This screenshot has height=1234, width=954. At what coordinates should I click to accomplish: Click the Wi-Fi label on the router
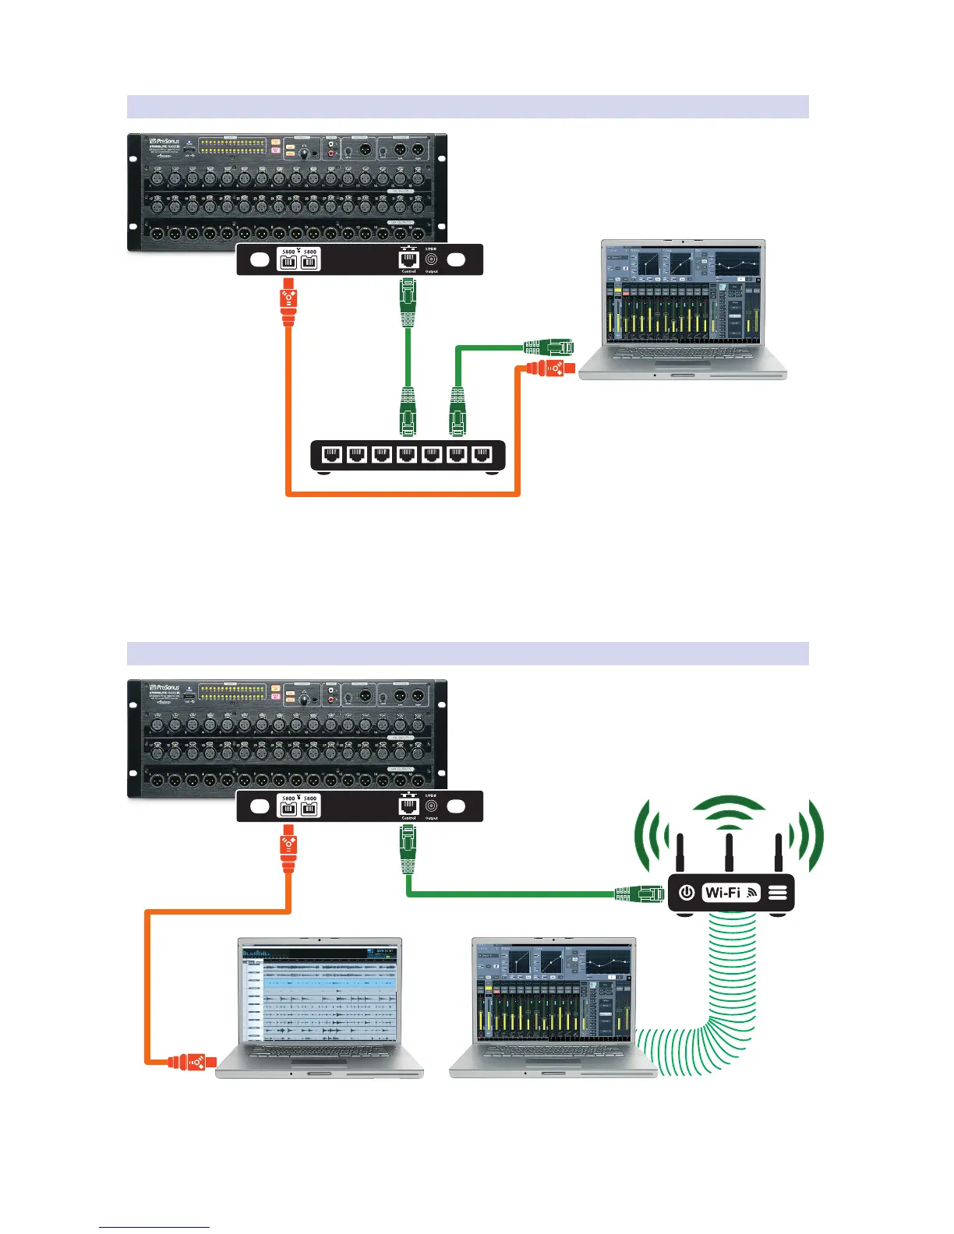coord(723,892)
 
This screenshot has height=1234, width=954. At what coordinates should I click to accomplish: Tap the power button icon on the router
coord(687,892)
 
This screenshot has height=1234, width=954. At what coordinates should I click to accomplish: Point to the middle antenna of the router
coord(728,854)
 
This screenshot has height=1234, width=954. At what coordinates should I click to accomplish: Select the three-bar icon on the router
coord(777,893)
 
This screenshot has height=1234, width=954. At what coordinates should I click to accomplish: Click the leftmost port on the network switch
coord(332,455)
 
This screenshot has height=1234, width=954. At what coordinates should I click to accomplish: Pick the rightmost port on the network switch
coord(482,455)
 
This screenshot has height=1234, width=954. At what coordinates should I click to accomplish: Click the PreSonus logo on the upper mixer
coord(164,142)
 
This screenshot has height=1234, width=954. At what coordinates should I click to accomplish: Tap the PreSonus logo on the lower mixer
coord(164,688)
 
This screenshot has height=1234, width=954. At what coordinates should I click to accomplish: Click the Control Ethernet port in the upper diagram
coord(408,259)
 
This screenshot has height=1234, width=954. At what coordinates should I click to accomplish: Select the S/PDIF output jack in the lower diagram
coord(431,806)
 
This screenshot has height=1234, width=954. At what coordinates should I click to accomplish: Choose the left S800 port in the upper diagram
coord(288,262)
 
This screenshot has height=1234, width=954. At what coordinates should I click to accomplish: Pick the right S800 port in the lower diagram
coord(309,808)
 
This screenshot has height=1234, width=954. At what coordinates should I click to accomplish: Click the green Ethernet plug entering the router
coord(639,894)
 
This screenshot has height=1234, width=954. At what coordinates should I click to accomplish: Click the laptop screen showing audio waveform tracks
coord(320,993)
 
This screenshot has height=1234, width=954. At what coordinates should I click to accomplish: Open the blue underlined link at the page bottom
coord(154,1227)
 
